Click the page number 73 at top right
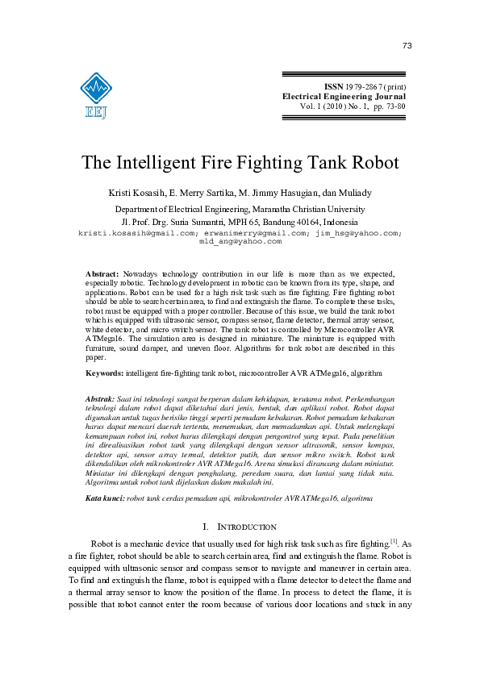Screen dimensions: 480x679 click(407, 46)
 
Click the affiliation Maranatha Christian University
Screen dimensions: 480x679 click(296, 208)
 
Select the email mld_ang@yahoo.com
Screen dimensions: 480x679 click(240, 241)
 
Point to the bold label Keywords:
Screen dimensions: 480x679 click(104, 374)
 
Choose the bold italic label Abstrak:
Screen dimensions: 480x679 click(102, 399)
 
